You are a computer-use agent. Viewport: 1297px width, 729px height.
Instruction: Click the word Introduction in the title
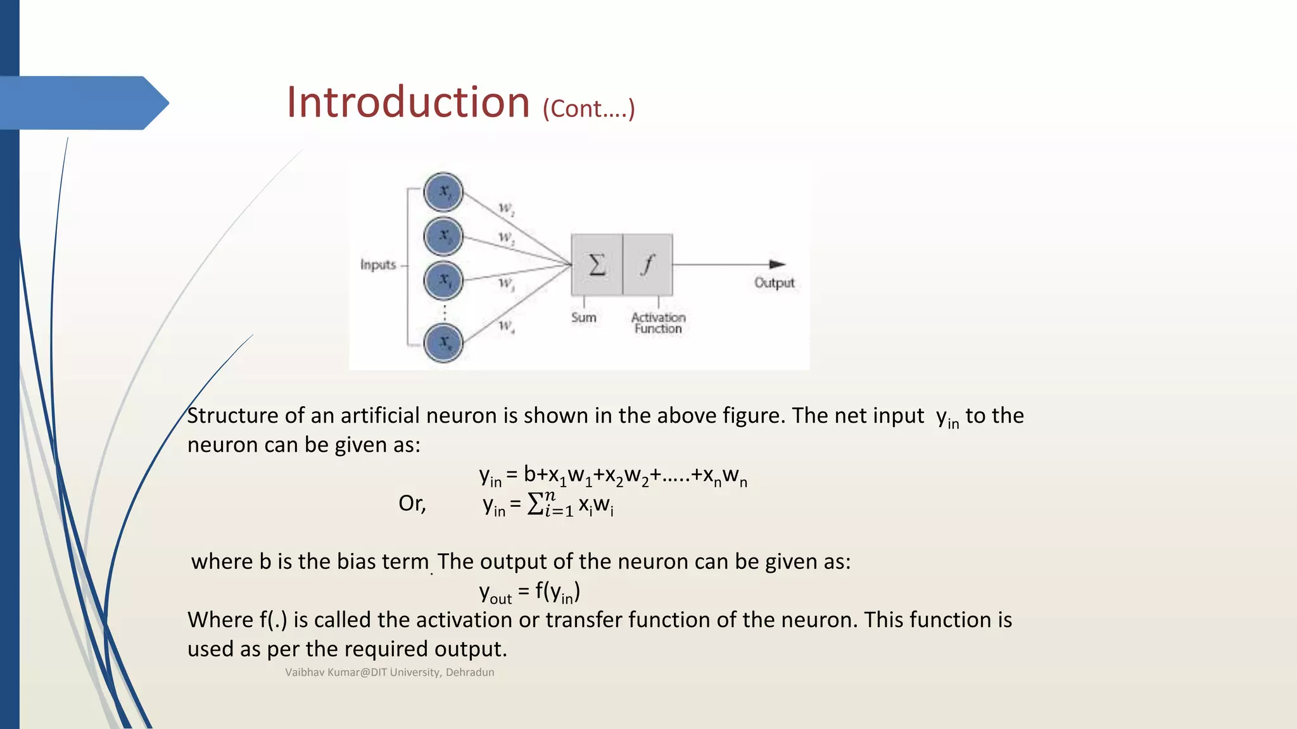(408, 103)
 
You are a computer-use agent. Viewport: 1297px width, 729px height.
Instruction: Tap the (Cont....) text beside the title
(588, 109)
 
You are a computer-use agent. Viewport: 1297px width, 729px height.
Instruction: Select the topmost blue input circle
(443, 192)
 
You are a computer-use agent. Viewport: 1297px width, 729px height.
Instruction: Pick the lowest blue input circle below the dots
(443, 342)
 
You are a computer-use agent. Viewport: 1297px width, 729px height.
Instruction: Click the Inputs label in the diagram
(378, 265)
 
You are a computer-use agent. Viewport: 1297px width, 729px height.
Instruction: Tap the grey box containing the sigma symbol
(597, 265)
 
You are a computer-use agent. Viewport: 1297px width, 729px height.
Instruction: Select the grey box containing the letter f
(647, 265)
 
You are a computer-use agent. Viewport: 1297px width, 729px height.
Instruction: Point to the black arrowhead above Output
(777, 264)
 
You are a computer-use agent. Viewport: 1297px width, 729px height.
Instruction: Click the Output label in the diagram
(774, 283)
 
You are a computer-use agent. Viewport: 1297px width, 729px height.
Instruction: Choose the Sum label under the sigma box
(583, 318)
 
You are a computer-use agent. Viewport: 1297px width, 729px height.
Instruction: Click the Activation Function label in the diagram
(658, 323)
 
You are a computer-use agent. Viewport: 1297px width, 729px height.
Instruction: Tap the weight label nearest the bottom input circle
(506, 327)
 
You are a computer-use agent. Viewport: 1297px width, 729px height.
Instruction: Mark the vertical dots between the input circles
(444, 312)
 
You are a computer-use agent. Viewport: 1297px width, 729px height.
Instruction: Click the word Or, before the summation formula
(412, 504)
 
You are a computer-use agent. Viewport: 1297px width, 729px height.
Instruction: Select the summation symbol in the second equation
(536, 504)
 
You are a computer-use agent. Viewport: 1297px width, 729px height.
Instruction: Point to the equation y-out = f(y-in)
(529, 592)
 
